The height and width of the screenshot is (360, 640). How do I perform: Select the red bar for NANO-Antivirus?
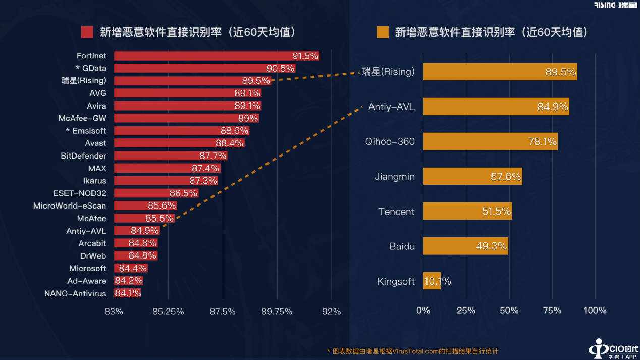point(127,293)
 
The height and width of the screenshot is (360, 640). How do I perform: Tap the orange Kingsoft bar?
point(432,281)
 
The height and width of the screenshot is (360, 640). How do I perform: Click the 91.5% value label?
point(305,56)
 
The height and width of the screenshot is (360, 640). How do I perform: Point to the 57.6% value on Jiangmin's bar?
point(505,177)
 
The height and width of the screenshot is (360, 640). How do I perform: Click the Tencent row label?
point(396,212)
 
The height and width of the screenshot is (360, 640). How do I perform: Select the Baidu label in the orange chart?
point(402,246)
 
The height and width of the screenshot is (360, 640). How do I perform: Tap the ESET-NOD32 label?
point(80,193)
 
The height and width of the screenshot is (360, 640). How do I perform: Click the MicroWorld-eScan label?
point(70,205)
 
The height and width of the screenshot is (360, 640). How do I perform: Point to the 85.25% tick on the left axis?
point(168,311)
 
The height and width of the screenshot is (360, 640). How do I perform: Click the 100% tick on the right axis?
point(595,310)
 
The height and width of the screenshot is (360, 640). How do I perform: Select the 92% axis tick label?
point(332,311)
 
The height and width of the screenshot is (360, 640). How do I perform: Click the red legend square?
point(87,32)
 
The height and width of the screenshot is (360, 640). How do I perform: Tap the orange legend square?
point(382,32)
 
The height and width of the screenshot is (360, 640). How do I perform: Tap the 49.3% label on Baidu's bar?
point(491,246)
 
